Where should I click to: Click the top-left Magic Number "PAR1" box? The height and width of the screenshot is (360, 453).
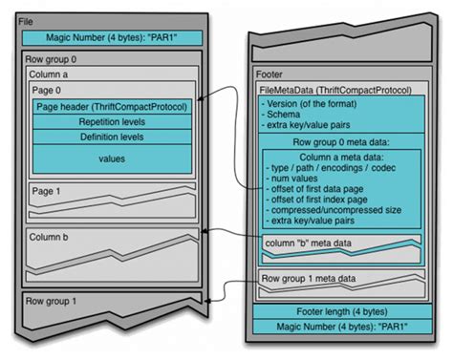[x=113, y=38]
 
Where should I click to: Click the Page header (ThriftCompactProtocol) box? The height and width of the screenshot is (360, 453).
[x=113, y=106]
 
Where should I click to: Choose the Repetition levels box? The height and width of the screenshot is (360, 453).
[x=113, y=122]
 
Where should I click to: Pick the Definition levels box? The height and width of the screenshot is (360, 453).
[x=113, y=138]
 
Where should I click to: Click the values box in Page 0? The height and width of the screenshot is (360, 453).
[x=113, y=160]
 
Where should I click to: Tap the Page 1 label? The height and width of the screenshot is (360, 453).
[x=47, y=191]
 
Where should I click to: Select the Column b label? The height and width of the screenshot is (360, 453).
[x=49, y=235]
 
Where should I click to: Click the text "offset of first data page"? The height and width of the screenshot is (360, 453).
[x=324, y=187]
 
